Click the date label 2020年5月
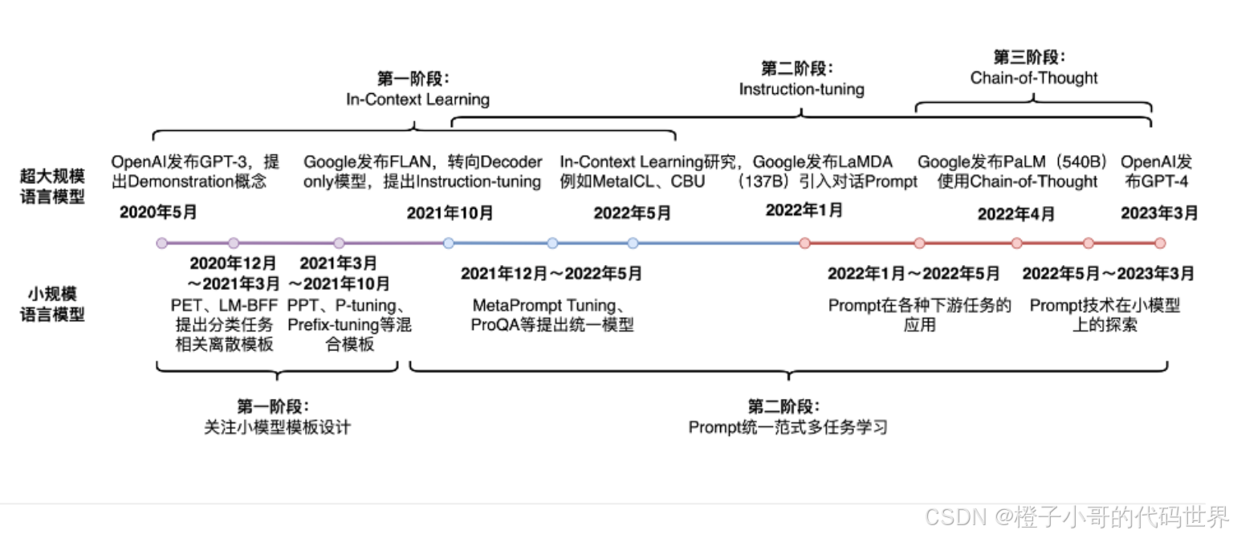pos(158,213)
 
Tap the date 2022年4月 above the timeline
pos(1016,214)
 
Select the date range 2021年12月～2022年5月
pos(551,274)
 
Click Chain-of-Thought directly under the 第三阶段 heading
pos(1034,78)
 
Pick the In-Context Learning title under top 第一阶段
pos(417,100)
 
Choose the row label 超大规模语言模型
pos(52,185)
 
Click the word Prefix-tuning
pos(324,326)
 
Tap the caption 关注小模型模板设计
pos(277,427)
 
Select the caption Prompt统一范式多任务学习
pos(787,427)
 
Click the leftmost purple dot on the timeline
pos(162,243)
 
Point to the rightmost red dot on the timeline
pos(1159,243)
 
